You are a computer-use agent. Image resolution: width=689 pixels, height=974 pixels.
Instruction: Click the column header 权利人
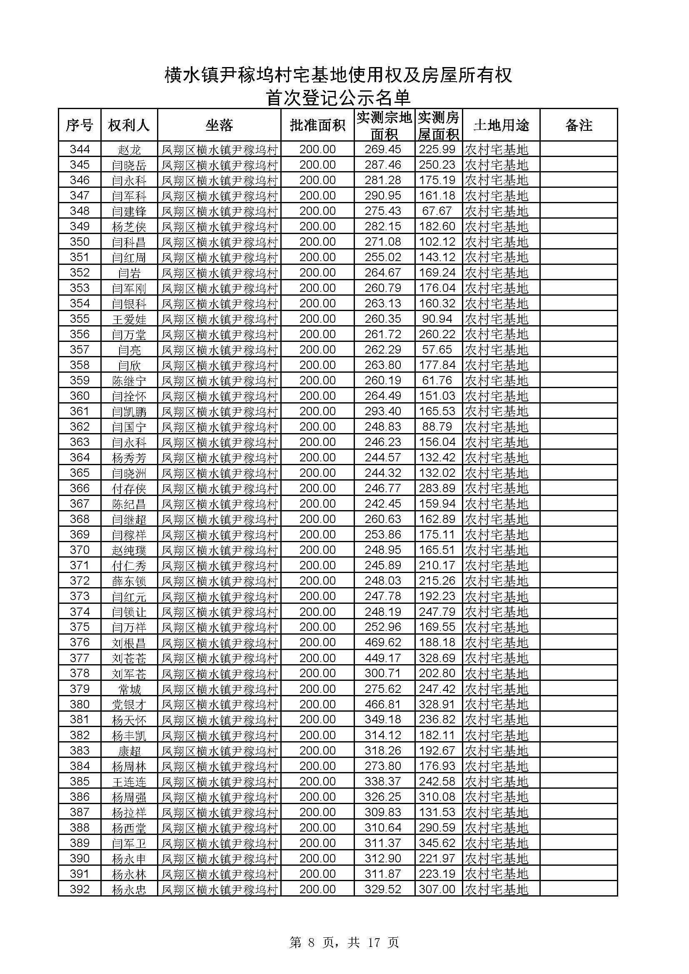129,125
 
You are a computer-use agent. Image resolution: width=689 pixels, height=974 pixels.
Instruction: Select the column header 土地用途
501,125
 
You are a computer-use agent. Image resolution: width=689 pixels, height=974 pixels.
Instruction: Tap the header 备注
578,125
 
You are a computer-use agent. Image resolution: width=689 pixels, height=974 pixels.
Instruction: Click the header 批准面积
317,125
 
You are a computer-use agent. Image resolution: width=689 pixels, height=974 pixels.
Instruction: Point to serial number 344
80,149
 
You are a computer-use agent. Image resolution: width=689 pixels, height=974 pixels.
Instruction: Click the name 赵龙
129,150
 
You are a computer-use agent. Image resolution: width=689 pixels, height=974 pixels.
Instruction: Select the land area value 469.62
383,643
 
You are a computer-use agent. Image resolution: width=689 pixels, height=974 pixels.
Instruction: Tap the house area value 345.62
437,843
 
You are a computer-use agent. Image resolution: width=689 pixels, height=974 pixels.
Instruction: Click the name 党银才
129,705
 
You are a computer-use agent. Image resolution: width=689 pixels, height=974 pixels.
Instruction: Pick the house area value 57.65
437,349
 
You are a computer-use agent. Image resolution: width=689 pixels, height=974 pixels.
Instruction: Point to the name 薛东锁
129,581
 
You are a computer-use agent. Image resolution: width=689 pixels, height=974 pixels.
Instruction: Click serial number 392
80,889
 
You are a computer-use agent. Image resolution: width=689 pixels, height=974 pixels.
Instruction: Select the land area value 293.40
383,411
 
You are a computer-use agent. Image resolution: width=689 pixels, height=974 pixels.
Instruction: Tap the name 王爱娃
129,319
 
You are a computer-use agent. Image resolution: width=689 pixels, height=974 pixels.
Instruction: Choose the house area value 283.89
437,488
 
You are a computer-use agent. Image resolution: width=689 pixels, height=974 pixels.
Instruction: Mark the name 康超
129,751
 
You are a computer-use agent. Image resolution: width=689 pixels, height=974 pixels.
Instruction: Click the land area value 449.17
383,658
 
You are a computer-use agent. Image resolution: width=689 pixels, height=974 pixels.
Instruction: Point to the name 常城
129,689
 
